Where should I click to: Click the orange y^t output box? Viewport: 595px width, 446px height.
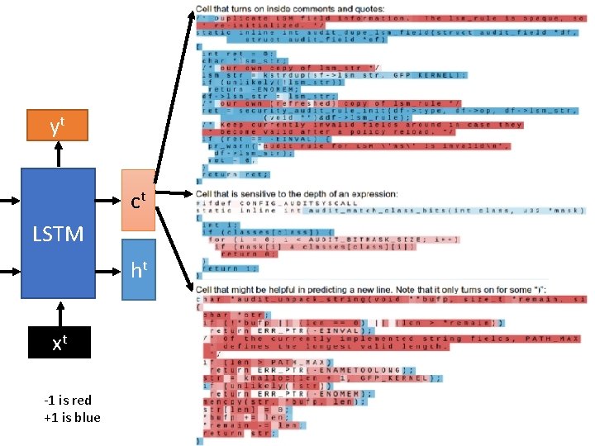coord(57,126)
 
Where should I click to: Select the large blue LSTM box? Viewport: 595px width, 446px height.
coord(58,234)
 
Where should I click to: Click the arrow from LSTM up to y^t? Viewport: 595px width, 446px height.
coord(57,154)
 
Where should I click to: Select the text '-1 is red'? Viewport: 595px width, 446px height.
coord(71,401)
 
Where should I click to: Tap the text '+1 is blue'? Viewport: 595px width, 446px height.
coord(71,417)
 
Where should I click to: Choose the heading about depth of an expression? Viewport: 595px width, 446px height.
coord(296,194)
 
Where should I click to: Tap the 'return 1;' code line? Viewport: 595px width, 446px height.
coord(224,268)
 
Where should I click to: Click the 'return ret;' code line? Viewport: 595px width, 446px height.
coord(223,174)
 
